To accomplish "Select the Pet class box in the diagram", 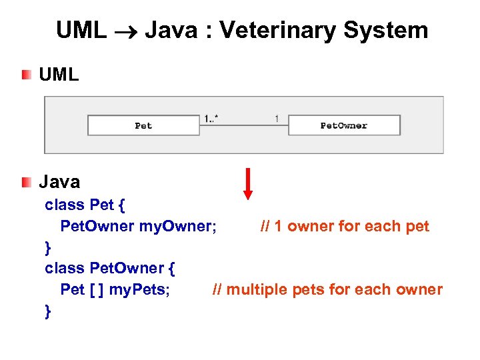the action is pyautogui.click(x=143, y=125).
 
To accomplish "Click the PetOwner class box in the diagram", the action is pyautogui.click(x=344, y=125).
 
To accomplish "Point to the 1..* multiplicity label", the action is pyautogui.click(x=212, y=119).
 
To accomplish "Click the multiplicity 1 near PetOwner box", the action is pyautogui.click(x=276, y=119).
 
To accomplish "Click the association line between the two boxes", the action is pyautogui.click(x=243, y=125).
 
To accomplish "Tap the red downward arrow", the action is pyautogui.click(x=248, y=183).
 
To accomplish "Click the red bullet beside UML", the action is pyautogui.click(x=25, y=74).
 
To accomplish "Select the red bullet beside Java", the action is pyautogui.click(x=25, y=181).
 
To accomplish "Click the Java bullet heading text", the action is pyautogui.click(x=59, y=181).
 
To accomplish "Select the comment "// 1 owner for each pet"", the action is pyautogui.click(x=345, y=226).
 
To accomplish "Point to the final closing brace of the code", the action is pyautogui.click(x=47, y=311).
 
